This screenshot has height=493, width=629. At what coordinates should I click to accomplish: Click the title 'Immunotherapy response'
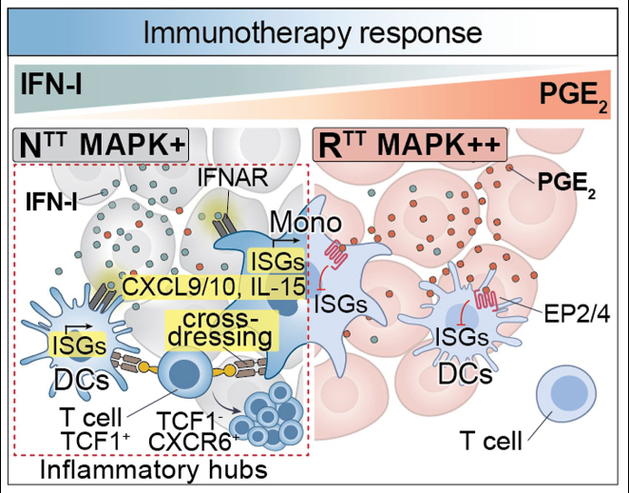tap(314, 33)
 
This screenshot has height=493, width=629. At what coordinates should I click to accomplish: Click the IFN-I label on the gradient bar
tap(48, 90)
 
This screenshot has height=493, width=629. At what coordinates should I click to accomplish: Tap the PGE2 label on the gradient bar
tap(580, 95)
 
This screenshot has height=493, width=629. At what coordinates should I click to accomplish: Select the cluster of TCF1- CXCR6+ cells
tap(269, 415)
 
